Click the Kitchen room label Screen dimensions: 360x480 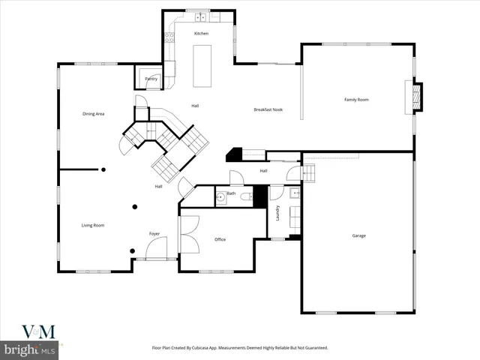(x=201, y=34)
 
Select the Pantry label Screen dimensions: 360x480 (x=151, y=77)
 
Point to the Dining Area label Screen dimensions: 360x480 (x=93, y=113)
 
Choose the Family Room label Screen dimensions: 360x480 (x=356, y=99)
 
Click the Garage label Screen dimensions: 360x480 (x=359, y=235)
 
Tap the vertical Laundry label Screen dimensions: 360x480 (x=277, y=213)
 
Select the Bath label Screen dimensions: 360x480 (x=231, y=193)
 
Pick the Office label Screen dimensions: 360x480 (x=220, y=239)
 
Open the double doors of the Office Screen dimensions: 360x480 (x=189, y=233)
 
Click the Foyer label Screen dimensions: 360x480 (x=154, y=233)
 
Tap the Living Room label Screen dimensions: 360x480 (x=93, y=225)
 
